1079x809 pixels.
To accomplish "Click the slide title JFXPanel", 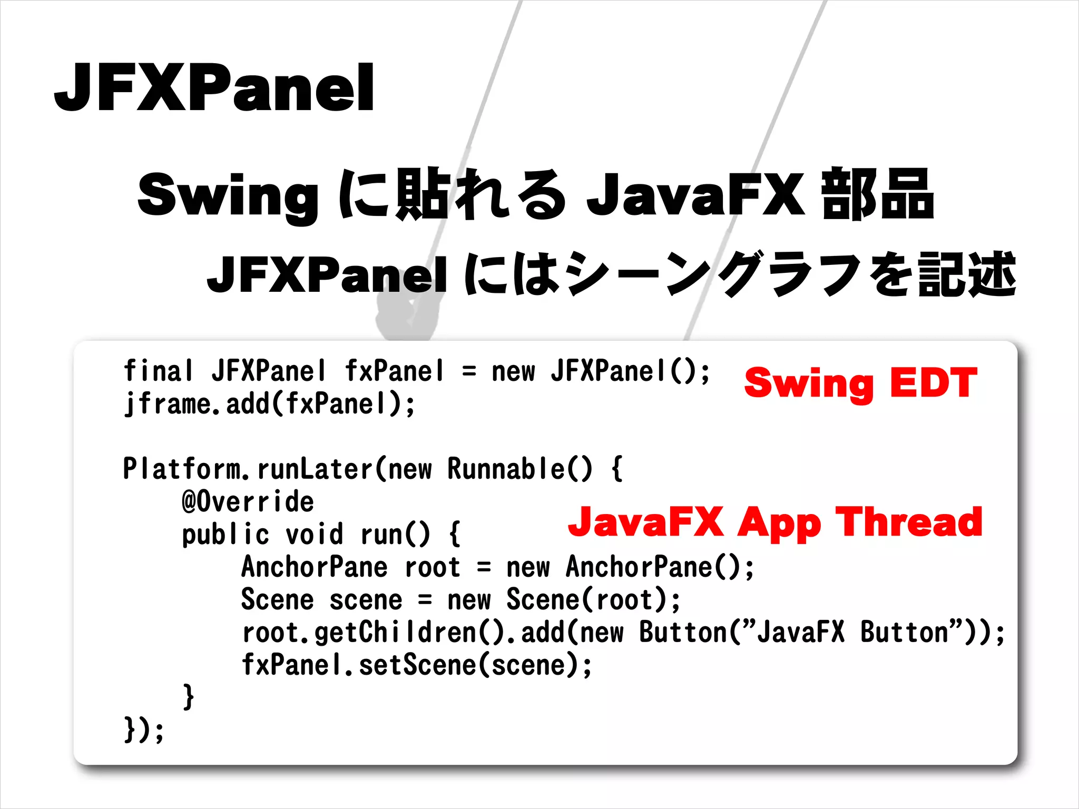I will [214, 87].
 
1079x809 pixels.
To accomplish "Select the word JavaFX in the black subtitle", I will [695, 195].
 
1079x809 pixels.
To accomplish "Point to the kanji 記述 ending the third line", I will [967, 274].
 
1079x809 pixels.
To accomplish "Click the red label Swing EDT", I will [860, 383].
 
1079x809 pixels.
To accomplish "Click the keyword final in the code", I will [158, 371].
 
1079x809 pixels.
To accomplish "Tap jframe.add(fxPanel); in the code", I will [269, 404].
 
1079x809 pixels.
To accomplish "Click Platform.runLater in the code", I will [248, 469].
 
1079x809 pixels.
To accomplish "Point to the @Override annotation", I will [248, 501].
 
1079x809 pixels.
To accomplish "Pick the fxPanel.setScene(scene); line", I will [416, 665].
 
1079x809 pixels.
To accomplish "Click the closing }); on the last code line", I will [144, 730].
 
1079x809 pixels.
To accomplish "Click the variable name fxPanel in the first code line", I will [394, 371].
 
